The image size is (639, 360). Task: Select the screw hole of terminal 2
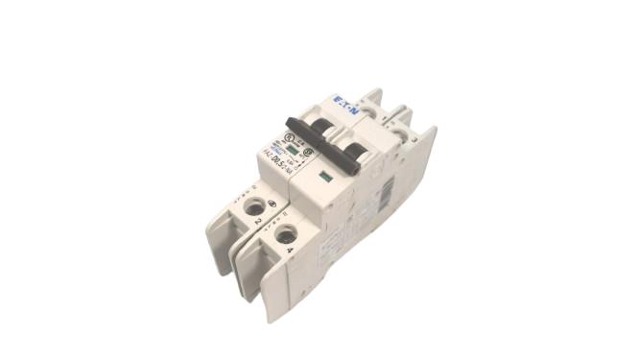click(x=255, y=206)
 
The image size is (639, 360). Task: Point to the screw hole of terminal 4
click(x=283, y=232)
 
